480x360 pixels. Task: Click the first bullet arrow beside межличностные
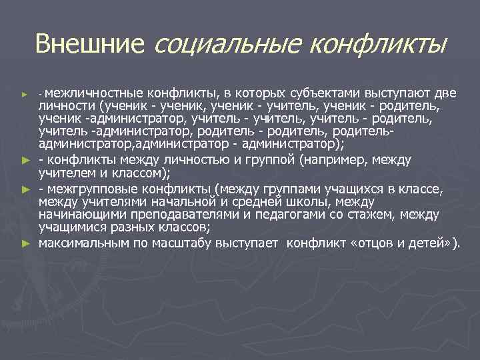coord(25,91)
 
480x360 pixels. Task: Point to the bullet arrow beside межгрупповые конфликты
coord(25,190)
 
